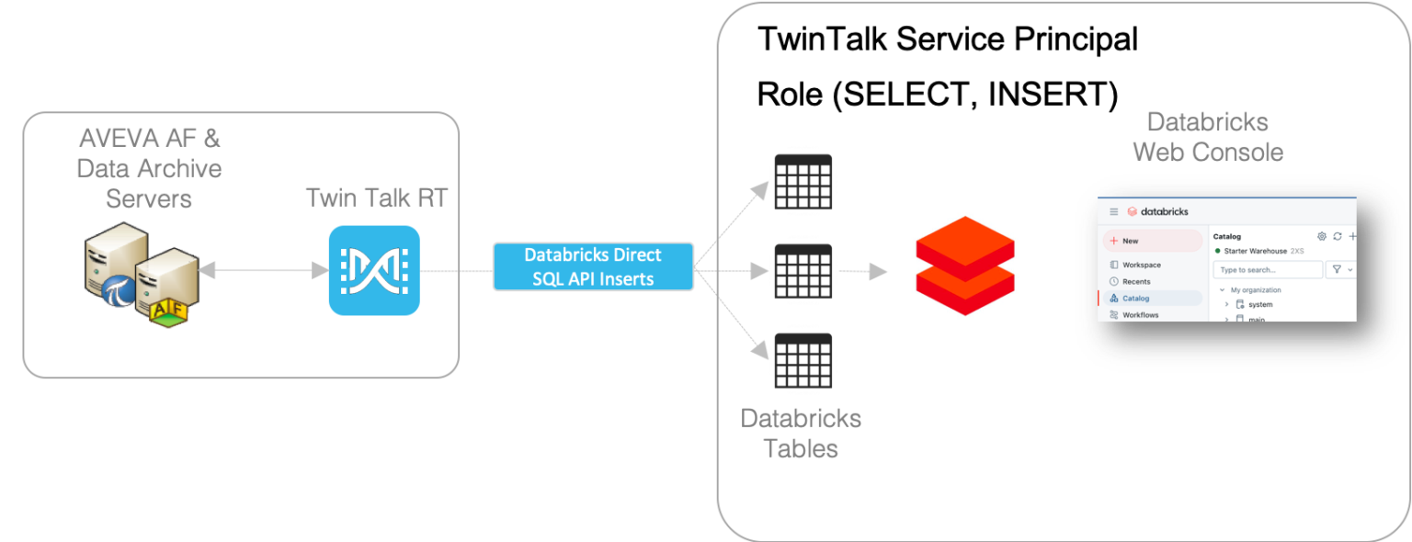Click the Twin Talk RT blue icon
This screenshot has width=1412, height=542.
point(374,270)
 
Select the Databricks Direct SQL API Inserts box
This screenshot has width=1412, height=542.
point(593,266)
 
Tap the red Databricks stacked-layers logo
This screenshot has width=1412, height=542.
point(964,266)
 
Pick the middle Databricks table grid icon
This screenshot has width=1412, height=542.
point(803,272)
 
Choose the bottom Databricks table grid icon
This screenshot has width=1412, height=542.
point(803,361)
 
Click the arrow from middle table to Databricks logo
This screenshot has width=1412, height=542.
point(864,272)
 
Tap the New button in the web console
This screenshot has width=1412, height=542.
point(1153,241)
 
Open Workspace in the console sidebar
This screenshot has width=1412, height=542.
point(1141,265)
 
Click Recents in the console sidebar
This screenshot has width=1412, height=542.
point(1136,281)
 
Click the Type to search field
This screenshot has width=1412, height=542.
point(1267,270)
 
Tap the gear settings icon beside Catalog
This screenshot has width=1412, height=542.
point(1322,236)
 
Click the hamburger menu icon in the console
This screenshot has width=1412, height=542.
point(1114,211)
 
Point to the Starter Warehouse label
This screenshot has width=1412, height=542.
point(1255,251)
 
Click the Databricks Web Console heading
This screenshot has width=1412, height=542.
point(1207,137)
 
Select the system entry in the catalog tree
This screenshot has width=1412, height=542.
point(1259,304)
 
